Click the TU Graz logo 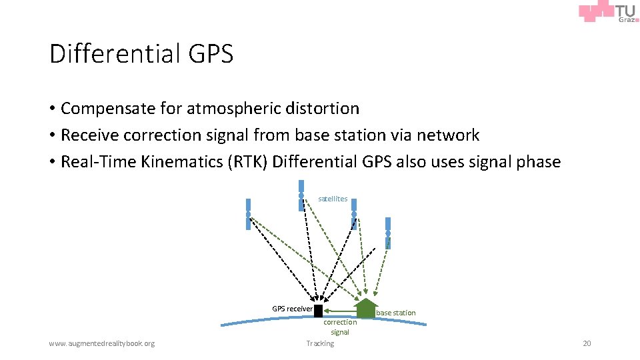609,13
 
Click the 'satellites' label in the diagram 333,199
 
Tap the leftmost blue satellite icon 248,214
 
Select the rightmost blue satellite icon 388,232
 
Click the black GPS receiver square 318,311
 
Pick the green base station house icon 365,307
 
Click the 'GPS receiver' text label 292,309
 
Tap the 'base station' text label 396,313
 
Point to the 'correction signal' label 340,327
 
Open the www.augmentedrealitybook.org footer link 102,343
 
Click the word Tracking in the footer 320,343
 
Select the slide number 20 587,343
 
